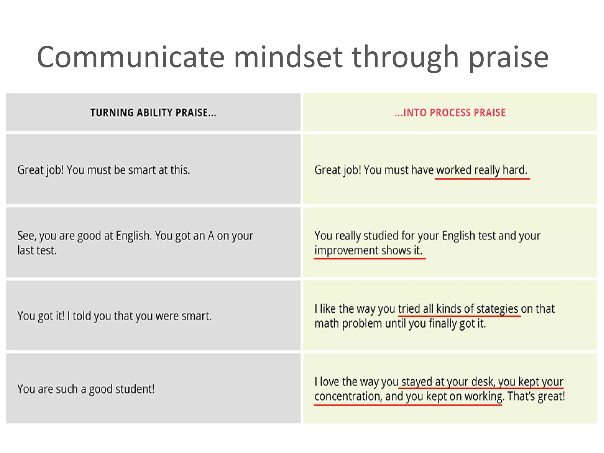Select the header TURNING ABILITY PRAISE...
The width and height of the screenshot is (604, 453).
153,112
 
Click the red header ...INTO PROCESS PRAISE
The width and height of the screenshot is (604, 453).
450,112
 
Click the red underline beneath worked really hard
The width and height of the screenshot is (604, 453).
482,179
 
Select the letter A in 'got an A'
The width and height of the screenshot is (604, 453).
211,236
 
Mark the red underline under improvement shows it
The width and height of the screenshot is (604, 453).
369,259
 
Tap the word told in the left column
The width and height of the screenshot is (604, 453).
82,316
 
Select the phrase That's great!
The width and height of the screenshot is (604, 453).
536,396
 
